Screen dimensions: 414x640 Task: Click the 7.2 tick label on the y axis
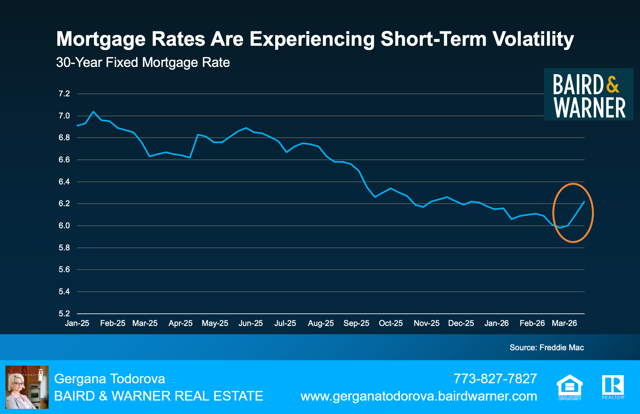point(64,94)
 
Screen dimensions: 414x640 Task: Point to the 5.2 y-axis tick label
point(64,313)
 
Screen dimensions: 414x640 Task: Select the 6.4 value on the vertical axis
point(64,182)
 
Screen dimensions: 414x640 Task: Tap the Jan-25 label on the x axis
point(77,323)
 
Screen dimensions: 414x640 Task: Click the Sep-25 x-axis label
point(356,323)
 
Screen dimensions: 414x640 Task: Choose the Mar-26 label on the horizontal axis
point(564,323)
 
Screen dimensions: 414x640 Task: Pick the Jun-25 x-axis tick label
point(251,323)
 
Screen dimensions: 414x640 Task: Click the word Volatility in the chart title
point(533,39)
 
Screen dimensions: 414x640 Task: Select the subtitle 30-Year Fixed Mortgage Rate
point(143,62)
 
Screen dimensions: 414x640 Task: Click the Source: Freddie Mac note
point(547,347)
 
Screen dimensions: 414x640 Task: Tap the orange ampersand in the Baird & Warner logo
point(612,84)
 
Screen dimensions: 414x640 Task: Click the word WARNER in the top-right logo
point(589,108)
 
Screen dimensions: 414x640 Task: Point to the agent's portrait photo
point(27,387)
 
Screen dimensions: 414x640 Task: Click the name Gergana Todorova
point(109,379)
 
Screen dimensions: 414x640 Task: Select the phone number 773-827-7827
point(495,379)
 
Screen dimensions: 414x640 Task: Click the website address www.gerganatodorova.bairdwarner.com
point(419,396)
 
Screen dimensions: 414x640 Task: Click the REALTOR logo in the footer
point(613,387)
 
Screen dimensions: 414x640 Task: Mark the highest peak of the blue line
point(93,111)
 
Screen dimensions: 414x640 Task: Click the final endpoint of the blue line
point(584,202)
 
